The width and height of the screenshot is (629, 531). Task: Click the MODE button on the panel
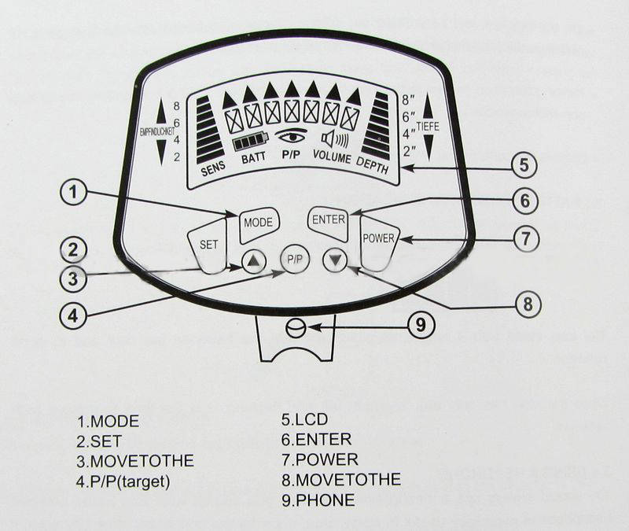pos(258,223)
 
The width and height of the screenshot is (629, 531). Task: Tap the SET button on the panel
pos(208,245)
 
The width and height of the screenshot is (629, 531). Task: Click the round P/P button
pos(294,258)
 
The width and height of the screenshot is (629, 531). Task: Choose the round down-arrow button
pos(336,259)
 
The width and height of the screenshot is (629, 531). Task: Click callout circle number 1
pos(73,192)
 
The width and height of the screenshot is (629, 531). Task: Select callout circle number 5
pos(523,166)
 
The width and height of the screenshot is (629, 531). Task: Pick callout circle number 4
pos(72,315)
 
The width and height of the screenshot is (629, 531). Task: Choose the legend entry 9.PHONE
pos(318,499)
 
